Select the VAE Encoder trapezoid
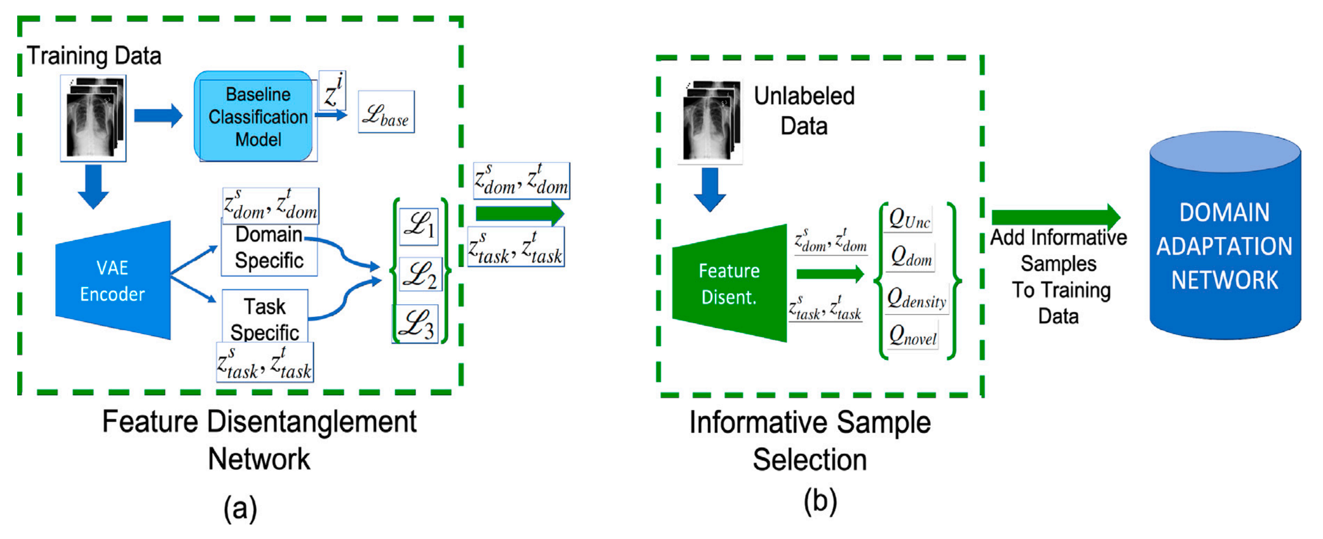113,280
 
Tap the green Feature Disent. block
730,283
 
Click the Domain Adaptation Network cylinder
1225,235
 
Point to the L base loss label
386,112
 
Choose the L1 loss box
419,227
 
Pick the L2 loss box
420,274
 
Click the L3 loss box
416,324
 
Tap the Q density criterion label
916,300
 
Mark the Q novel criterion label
913,336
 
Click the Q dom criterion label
911,257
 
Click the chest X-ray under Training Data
93,118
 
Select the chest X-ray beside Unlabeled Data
711,121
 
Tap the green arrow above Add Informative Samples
1056,217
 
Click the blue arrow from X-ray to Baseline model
158,115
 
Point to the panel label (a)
240,508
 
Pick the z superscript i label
333,91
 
